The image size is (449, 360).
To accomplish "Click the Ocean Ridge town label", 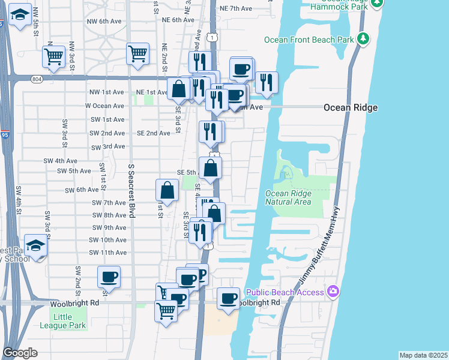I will tap(350, 107).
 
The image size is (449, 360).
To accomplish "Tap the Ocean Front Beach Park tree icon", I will tap(363, 39).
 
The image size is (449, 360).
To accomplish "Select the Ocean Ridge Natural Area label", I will tap(288, 197).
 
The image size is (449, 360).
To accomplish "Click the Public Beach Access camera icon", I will tap(334, 291).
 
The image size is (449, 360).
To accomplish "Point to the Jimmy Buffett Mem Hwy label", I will tap(324, 247).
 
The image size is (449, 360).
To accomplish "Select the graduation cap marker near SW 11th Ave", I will tap(36, 245).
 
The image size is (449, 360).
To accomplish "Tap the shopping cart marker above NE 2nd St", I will tap(138, 53).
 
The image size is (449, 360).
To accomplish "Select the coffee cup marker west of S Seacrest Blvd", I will tap(109, 277).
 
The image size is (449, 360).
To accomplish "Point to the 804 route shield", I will tap(37, 78).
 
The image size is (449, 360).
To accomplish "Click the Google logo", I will tap(20, 353).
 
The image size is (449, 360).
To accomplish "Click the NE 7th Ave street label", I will tap(236, 9).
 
